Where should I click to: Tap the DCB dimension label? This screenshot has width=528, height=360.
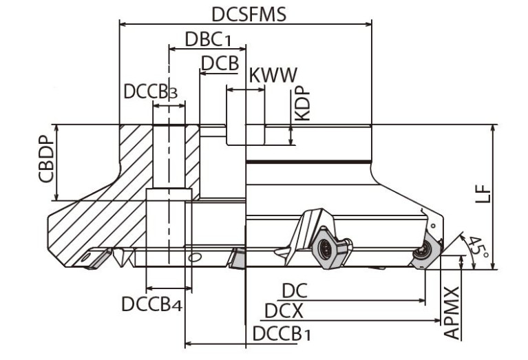[220, 63]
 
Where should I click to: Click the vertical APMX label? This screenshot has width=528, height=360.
[452, 313]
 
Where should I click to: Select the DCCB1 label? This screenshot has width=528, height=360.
[282, 334]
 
